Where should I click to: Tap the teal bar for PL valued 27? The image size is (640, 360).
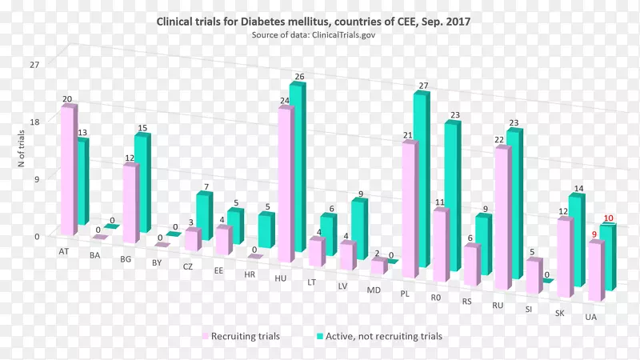(x=421, y=180)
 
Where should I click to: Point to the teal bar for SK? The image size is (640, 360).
(x=575, y=240)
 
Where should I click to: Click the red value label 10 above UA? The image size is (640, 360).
(x=608, y=218)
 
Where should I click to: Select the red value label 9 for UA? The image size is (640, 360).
(x=594, y=234)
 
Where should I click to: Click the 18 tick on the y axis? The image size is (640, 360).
(x=34, y=121)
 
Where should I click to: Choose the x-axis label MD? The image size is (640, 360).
(x=374, y=290)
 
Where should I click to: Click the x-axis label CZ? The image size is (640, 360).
(x=187, y=266)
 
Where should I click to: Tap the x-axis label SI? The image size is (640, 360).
(x=529, y=309)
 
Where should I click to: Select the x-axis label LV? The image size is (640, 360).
(x=342, y=286)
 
